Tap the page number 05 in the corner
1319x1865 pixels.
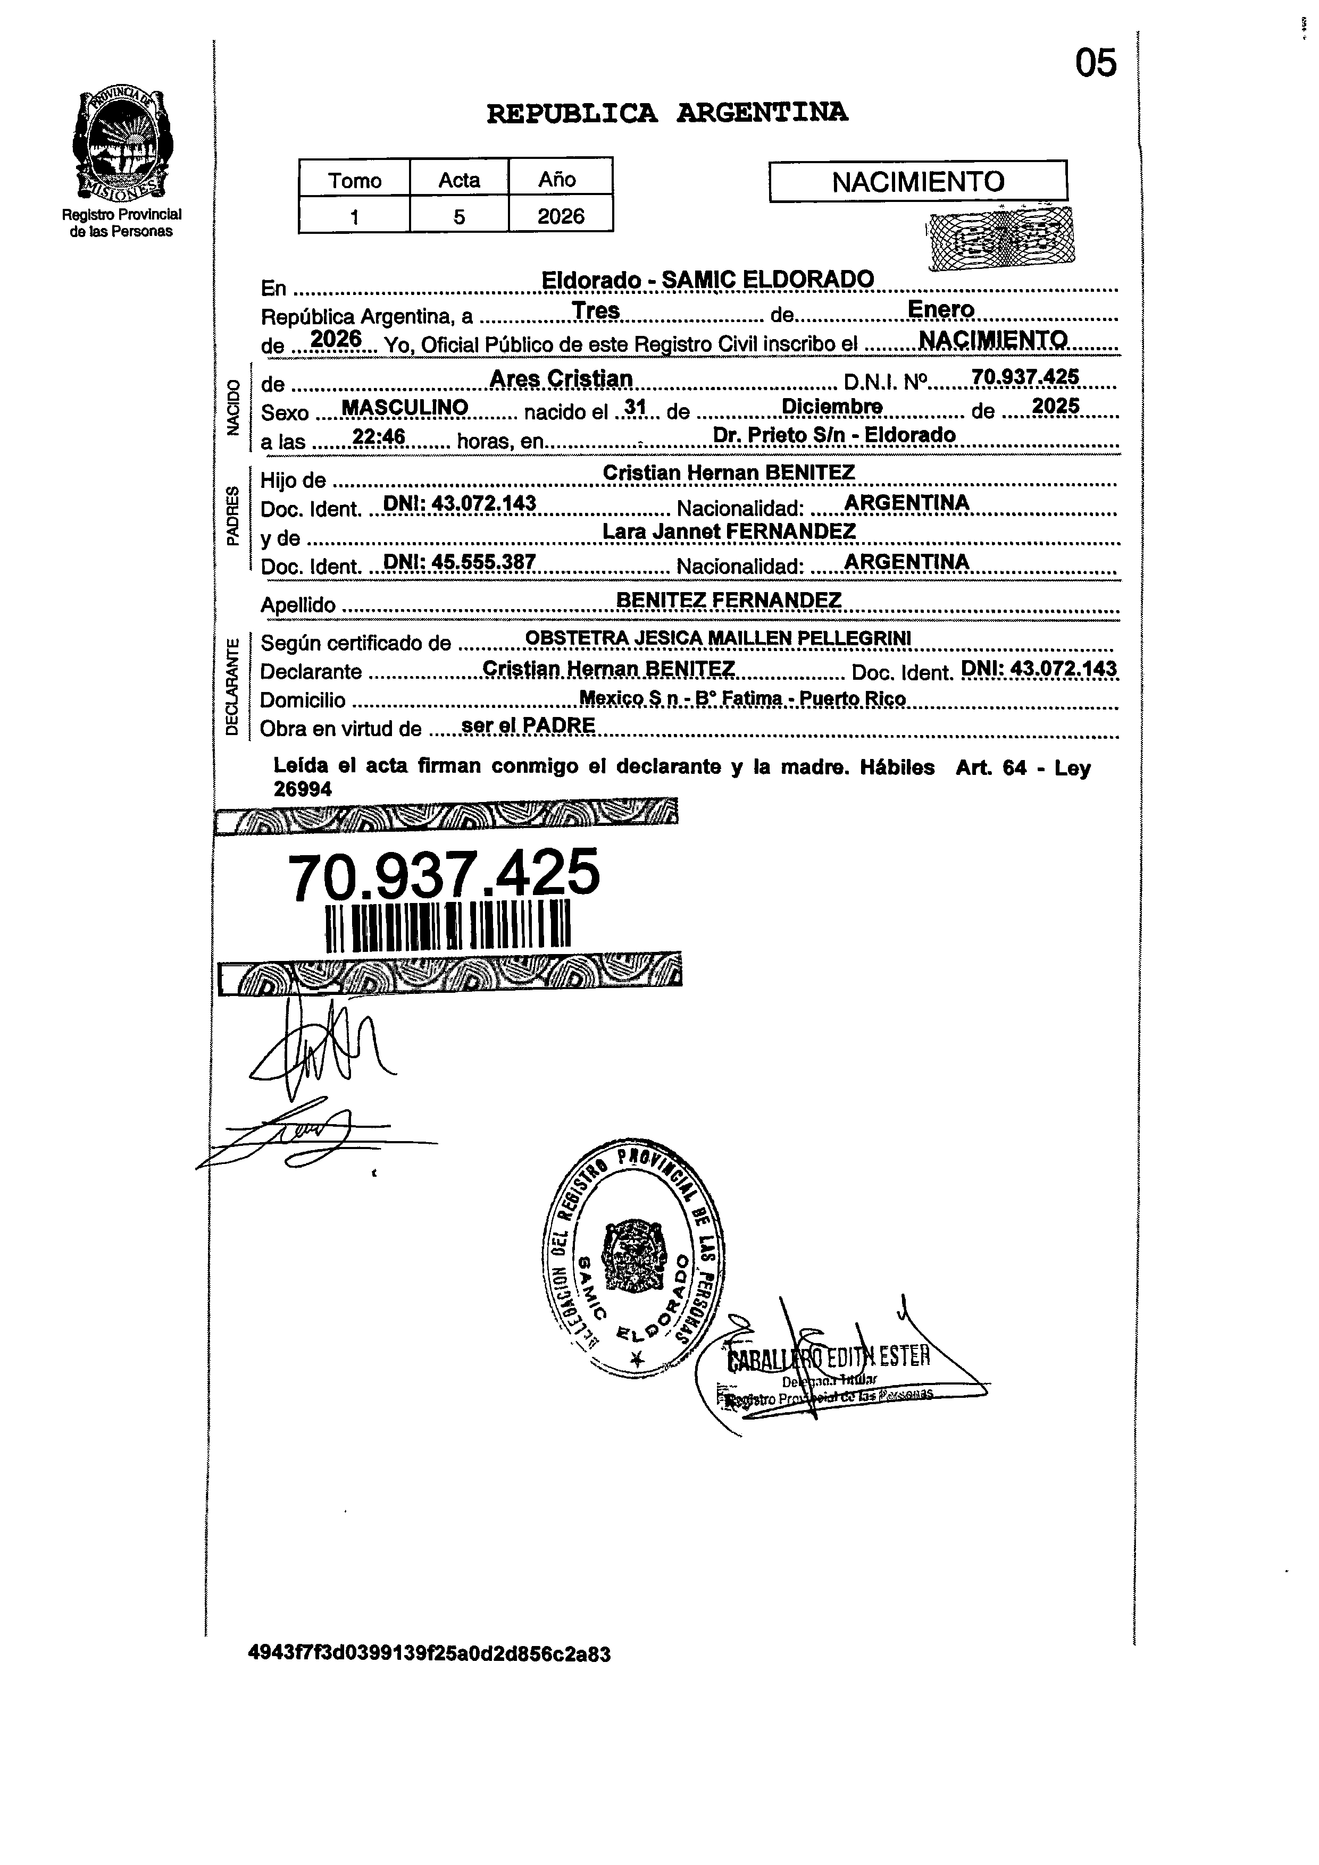(x=1096, y=63)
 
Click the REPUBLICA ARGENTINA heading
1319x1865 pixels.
(x=666, y=113)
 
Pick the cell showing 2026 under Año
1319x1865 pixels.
(x=560, y=216)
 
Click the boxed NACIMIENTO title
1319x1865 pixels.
(x=917, y=181)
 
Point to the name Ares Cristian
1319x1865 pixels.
(x=561, y=378)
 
